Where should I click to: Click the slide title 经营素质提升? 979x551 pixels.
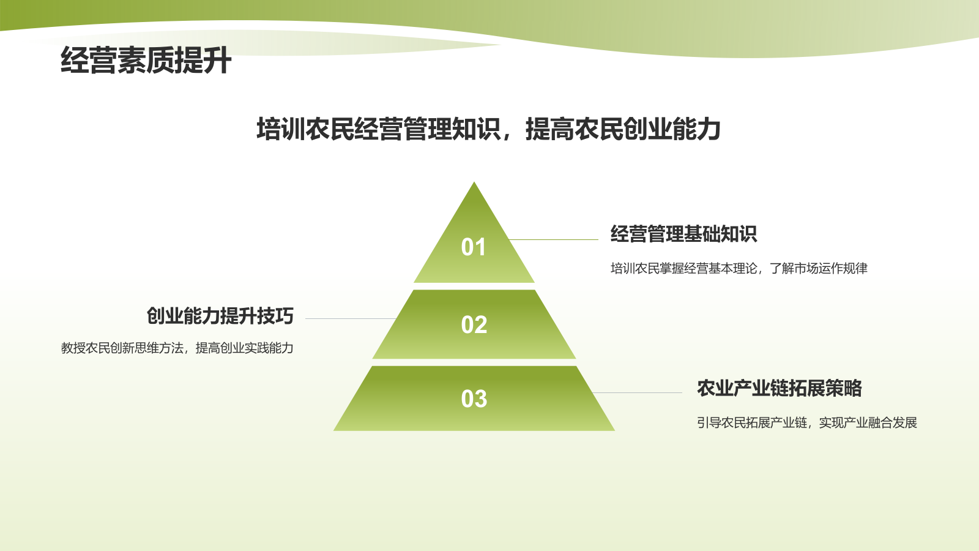[x=146, y=61]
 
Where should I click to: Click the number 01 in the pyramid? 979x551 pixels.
[x=474, y=247]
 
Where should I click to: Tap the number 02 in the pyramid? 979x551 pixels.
[x=474, y=324]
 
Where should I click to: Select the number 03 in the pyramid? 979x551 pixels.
[x=474, y=399]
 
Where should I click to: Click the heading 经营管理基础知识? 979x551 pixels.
[x=683, y=234]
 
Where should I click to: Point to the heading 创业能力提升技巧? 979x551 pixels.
[x=220, y=316]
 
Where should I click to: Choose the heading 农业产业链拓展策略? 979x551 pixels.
[x=779, y=388]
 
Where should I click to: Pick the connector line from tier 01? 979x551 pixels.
[x=554, y=239]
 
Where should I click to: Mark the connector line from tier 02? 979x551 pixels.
[x=351, y=318]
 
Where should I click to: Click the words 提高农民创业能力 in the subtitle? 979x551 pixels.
[x=623, y=129]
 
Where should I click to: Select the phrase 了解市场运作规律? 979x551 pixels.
[x=819, y=268]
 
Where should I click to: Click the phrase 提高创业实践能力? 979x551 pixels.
[x=244, y=348]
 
